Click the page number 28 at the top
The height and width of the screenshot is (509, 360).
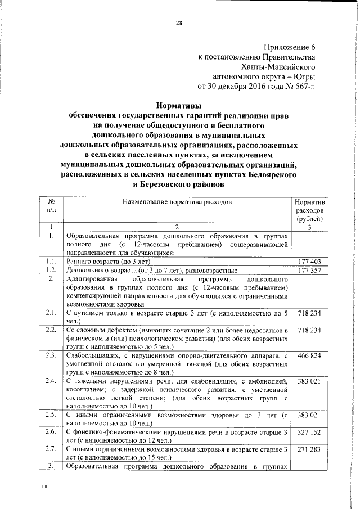click(x=179, y=23)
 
